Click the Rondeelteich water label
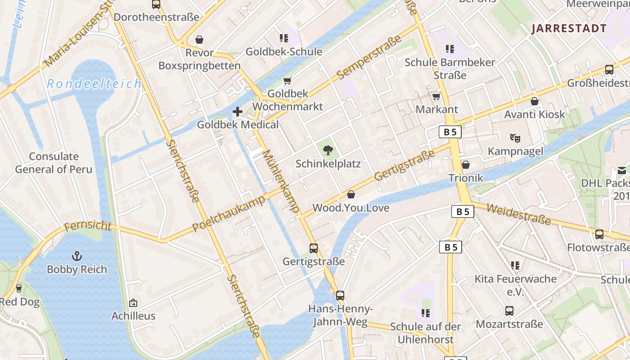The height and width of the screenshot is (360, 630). pyautogui.click(x=94, y=84)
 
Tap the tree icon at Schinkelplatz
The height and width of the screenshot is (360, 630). pyautogui.click(x=328, y=150)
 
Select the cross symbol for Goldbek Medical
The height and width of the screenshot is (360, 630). pyautogui.click(x=238, y=112)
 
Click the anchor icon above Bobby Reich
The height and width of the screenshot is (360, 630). pyautogui.click(x=77, y=256)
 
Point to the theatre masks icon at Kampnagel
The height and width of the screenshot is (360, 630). pyautogui.click(x=515, y=138)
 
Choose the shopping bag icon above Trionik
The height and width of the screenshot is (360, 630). pyautogui.click(x=466, y=165)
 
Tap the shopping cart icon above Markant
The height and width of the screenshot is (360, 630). pyautogui.click(x=436, y=96)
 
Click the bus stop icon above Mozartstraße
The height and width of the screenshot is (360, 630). pyautogui.click(x=509, y=311)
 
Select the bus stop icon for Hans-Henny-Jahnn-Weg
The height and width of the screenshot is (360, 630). pyautogui.click(x=340, y=296)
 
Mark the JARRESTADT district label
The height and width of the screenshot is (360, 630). pyautogui.click(x=569, y=29)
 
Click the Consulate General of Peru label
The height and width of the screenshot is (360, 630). pyautogui.click(x=54, y=163)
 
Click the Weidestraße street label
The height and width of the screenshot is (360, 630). pyautogui.click(x=518, y=214)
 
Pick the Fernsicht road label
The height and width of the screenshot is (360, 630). pyautogui.click(x=87, y=225)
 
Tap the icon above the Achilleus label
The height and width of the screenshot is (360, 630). pyautogui.click(x=133, y=303)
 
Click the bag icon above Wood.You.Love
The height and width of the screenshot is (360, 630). pyautogui.click(x=351, y=194)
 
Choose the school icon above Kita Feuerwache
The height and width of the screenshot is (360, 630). pyautogui.click(x=515, y=266)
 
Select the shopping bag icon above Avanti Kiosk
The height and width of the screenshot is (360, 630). pyautogui.click(x=535, y=102)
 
